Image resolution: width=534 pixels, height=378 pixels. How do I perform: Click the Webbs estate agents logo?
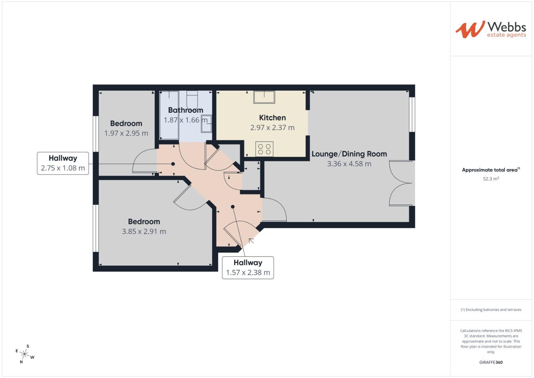pyautogui.click(x=491, y=29)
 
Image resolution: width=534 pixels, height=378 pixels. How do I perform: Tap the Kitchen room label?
pyautogui.click(x=272, y=118)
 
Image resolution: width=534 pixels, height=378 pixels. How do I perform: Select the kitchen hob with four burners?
pyautogui.click(x=264, y=149)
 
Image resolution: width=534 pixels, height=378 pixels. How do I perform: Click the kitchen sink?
pyautogui.click(x=264, y=97)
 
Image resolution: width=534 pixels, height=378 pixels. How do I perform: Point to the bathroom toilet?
pyautogui.click(x=192, y=99)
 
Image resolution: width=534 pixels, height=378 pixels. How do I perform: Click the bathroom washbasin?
pyautogui.click(x=206, y=123)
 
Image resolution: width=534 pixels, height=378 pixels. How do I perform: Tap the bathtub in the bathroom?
pyautogui.click(x=169, y=115)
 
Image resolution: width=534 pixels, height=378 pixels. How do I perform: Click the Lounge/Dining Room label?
pyautogui.click(x=349, y=154)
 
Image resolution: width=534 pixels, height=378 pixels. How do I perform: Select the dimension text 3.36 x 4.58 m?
pyautogui.click(x=349, y=164)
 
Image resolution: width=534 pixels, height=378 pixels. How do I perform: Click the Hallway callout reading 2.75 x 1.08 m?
pyautogui.click(x=63, y=163)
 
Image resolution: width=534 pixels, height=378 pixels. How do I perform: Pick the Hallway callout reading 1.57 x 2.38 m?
pyautogui.click(x=248, y=268)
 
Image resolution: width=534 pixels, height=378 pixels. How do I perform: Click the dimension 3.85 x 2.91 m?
pyautogui.click(x=144, y=231)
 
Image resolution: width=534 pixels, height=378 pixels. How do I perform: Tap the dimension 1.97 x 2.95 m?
pyautogui.click(x=126, y=133)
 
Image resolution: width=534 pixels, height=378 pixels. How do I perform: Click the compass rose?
pyautogui.click(x=25, y=354)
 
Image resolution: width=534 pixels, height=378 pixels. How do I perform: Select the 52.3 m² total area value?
pyautogui.click(x=491, y=179)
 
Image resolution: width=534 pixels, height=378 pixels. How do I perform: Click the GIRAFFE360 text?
pyautogui.click(x=491, y=362)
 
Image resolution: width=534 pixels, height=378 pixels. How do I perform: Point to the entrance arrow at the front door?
pyautogui.click(x=251, y=241)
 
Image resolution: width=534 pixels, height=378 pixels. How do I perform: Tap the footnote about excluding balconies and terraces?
pyautogui.click(x=491, y=309)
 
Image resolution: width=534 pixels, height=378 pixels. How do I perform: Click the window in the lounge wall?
pyautogui.click(x=412, y=114)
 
